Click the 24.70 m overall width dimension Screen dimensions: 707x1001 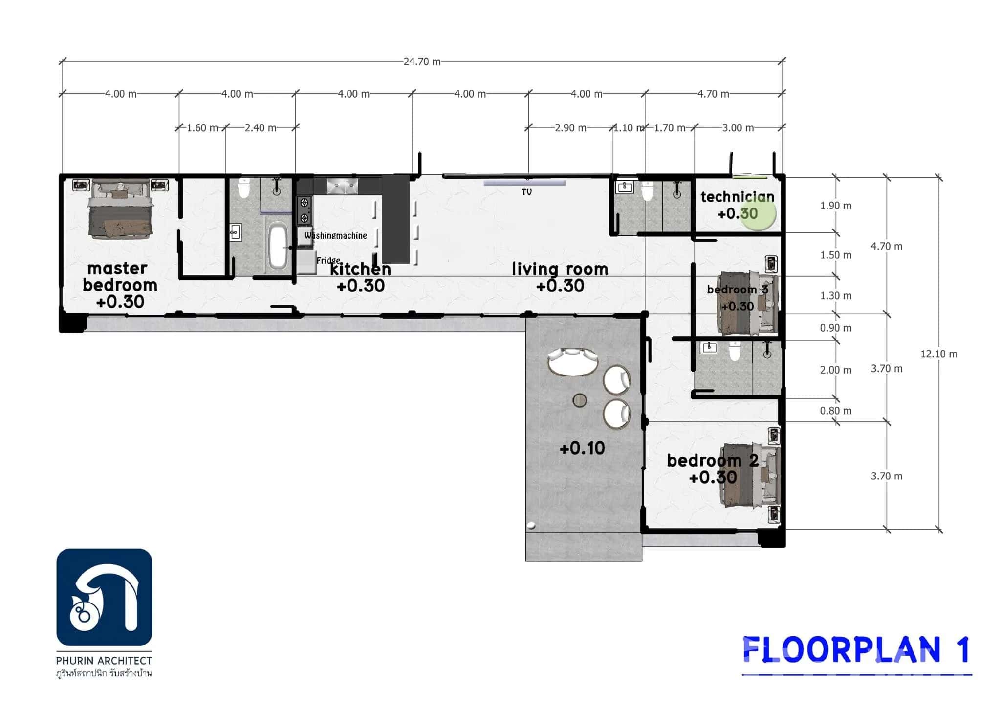(422, 62)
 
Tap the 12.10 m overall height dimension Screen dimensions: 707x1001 (938, 354)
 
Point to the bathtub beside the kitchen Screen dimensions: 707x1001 (278, 245)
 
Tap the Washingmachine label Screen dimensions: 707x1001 (335, 236)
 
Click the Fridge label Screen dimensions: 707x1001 (328, 260)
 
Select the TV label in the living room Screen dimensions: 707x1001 (526, 192)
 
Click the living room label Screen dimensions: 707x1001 (560, 269)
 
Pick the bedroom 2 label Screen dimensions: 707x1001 (712, 460)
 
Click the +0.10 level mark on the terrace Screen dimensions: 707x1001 (582, 448)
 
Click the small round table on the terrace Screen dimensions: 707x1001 (580, 400)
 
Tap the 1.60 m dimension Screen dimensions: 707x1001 (202, 128)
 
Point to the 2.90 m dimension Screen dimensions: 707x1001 (570, 128)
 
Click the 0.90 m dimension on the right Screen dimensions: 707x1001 (835, 328)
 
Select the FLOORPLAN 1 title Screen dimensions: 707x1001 (856, 650)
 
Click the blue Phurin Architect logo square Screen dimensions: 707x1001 (104, 597)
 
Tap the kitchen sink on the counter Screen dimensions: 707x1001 (342, 186)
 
